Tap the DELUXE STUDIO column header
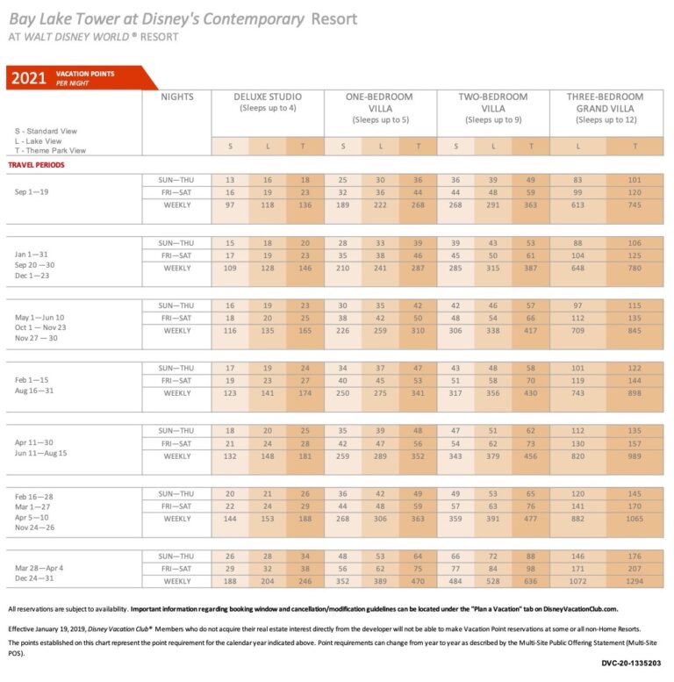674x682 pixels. [x=268, y=97]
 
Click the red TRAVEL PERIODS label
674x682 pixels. [x=36, y=164]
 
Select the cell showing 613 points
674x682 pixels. [x=577, y=205]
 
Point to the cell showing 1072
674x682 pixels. [x=577, y=581]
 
